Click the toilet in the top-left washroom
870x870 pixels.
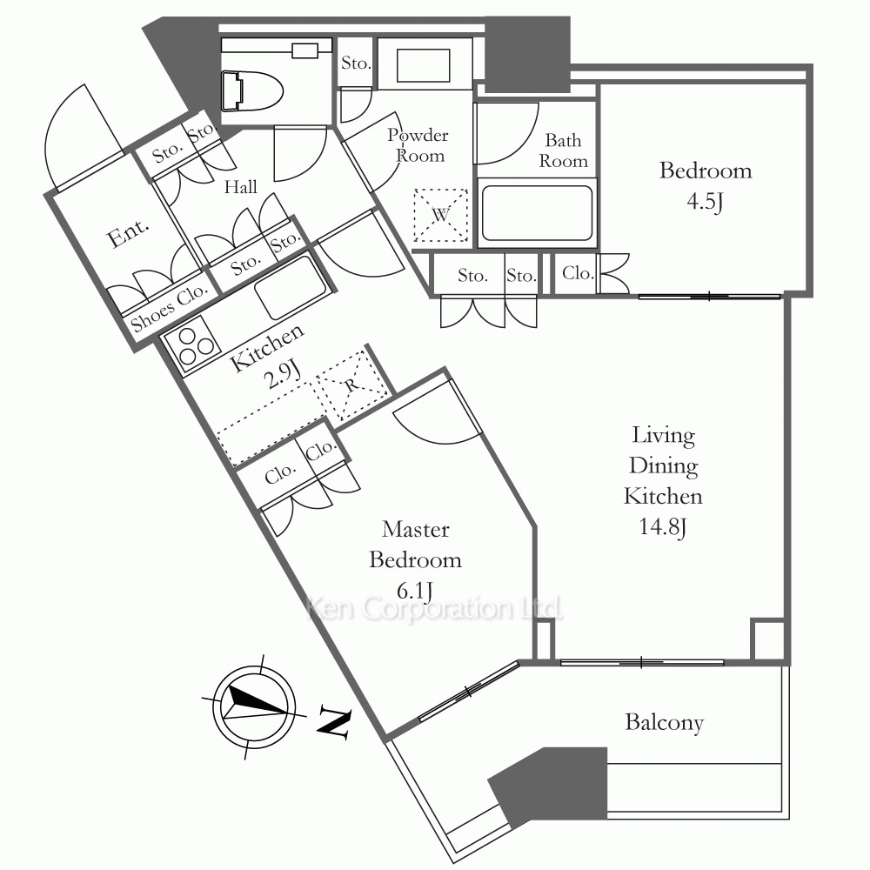[252, 90]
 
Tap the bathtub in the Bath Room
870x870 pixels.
[537, 213]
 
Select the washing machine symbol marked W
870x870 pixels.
[441, 215]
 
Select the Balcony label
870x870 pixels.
[664, 722]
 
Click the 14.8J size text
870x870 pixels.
[663, 526]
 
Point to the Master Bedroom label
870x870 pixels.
[416, 545]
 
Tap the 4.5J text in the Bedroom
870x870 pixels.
[705, 201]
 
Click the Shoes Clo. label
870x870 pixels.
[170, 309]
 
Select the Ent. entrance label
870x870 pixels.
[128, 233]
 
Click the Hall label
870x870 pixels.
[241, 187]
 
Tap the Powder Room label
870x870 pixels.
[418, 145]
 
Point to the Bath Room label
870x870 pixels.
[563, 151]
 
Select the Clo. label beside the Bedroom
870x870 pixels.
[578, 273]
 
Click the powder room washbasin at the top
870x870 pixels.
[424, 65]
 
